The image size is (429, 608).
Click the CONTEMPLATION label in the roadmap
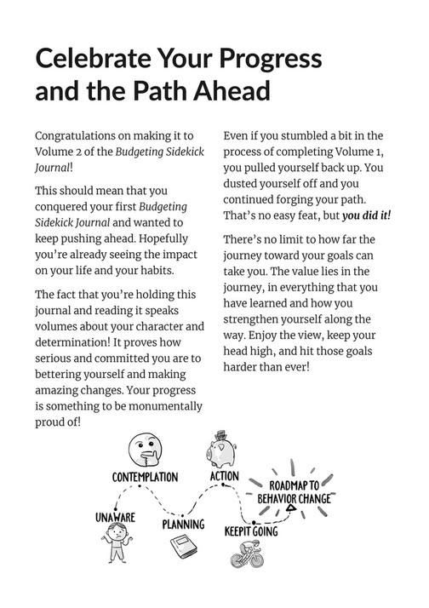[x=145, y=476]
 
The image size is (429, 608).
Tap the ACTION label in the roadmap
[x=225, y=475]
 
